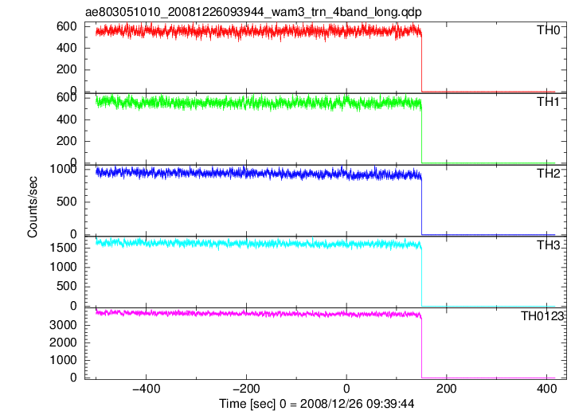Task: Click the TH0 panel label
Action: point(548,30)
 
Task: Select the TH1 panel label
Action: point(548,102)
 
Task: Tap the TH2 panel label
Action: point(548,174)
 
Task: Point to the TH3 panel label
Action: point(548,245)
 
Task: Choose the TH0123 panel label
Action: point(542,316)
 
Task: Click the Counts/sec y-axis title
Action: point(33,207)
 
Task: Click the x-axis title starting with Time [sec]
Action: point(316,404)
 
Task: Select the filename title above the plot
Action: point(253,12)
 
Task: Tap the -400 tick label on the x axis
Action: point(146,389)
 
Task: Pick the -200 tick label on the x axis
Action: point(246,389)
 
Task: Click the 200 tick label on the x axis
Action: point(447,389)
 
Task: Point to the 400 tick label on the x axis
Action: point(547,389)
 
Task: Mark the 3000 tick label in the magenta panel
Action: point(63,325)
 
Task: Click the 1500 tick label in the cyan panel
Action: point(63,248)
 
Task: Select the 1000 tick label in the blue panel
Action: point(63,169)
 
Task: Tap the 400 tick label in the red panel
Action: point(67,48)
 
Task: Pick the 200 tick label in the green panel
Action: point(67,141)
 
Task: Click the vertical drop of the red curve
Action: point(422,63)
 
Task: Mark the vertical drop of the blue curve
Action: point(422,206)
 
